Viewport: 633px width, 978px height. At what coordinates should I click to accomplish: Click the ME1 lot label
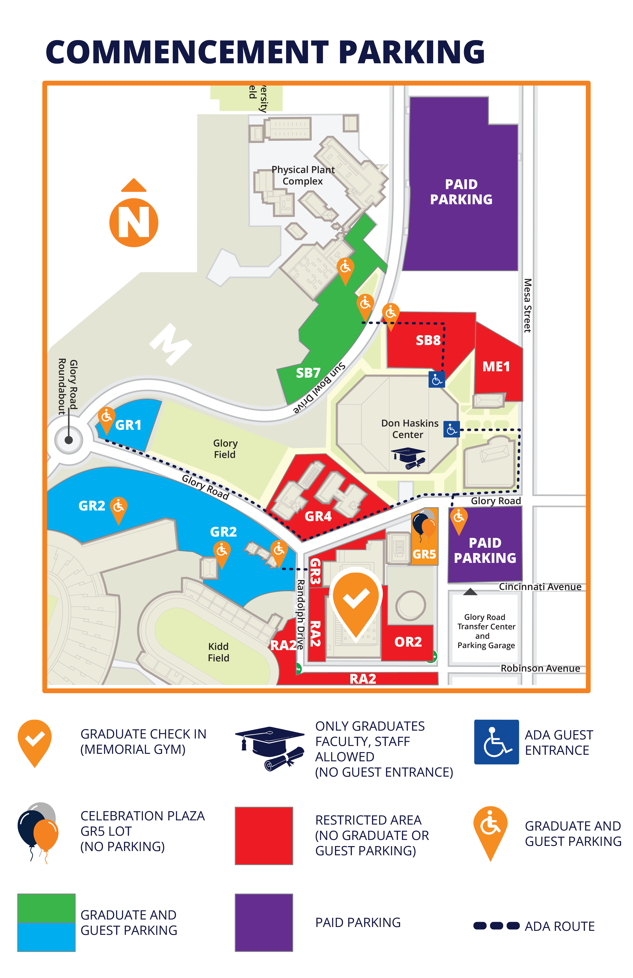496,366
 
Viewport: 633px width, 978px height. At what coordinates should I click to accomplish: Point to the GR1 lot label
128,425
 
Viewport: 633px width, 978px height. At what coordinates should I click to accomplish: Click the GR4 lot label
318,516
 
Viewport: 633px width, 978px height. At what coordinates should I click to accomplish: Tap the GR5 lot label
424,554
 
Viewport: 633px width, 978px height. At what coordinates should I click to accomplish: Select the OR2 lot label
408,642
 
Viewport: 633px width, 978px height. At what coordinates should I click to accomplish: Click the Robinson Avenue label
540,668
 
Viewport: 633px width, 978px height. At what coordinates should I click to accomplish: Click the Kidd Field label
218,652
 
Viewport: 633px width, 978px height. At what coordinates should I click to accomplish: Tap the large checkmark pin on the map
356,601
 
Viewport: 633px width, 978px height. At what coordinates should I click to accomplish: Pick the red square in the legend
264,835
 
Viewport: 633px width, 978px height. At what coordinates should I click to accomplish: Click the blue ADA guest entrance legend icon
496,742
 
